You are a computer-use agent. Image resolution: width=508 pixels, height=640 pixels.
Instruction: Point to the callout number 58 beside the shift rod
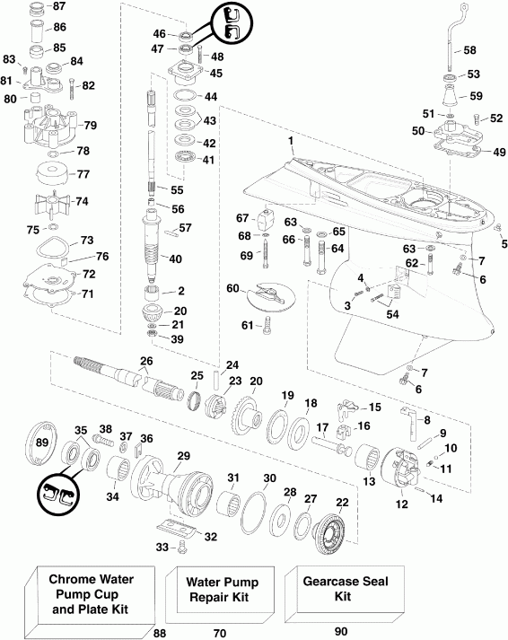pos(469,51)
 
